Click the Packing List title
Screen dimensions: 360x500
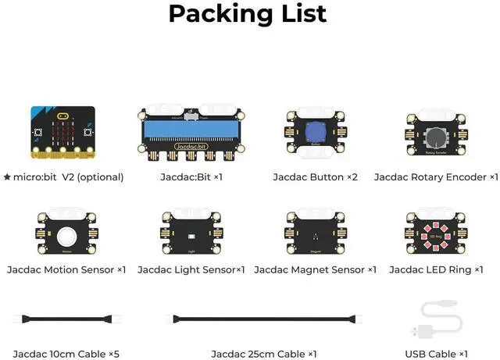click(x=248, y=14)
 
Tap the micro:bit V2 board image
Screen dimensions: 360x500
click(x=63, y=130)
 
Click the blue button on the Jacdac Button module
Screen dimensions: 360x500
click(x=316, y=131)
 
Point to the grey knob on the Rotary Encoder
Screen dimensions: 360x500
click(x=436, y=133)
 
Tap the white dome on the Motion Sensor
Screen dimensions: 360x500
click(x=66, y=233)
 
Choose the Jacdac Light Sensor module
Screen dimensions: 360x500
click(x=191, y=233)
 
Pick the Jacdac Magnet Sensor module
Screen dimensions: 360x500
click(x=316, y=233)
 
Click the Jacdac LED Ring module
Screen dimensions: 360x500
click(x=436, y=233)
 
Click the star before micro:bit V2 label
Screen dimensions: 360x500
click(x=7, y=177)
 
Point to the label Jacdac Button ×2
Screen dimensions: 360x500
click(x=316, y=177)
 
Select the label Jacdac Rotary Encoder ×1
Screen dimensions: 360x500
click(x=436, y=177)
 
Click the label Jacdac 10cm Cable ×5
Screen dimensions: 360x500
click(x=66, y=354)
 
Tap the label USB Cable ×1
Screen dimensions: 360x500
click(x=436, y=354)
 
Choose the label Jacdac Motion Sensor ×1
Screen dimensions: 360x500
click(x=66, y=269)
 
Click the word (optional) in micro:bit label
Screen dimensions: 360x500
click(x=100, y=177)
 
